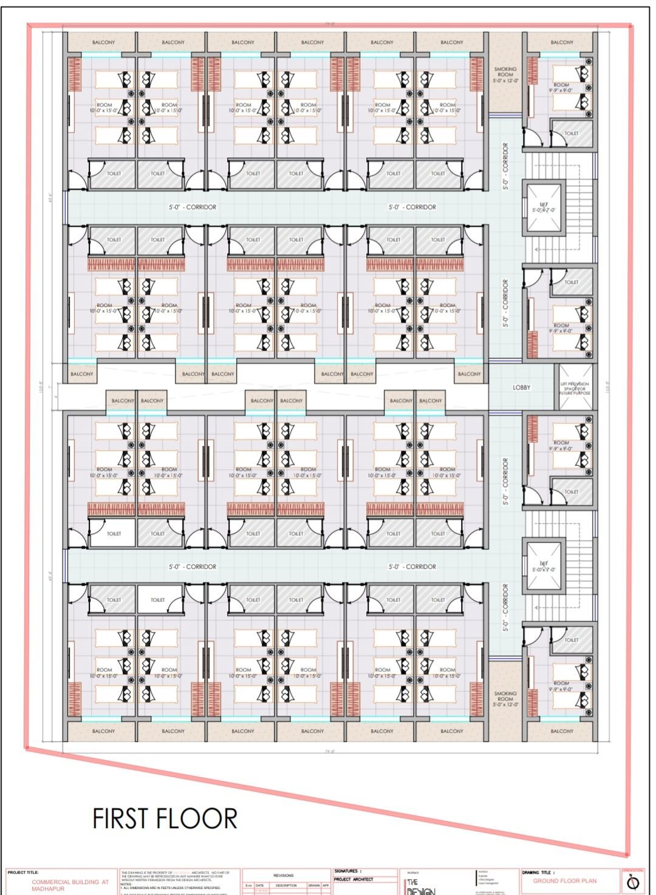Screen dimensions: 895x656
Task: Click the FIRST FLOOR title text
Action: coord(165,818)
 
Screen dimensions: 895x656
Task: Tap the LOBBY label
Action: coord(521,387)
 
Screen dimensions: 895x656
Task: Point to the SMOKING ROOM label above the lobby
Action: coord(505,75)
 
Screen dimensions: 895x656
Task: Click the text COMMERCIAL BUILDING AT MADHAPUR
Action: coord(70,884)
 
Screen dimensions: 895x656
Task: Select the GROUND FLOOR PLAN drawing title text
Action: coord(564,880)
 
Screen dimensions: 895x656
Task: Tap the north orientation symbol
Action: coord(636,881)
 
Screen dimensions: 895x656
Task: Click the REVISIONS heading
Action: coord(284,875)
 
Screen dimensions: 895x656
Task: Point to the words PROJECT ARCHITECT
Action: coord(354,879)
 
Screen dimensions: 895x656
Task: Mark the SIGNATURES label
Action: coord(347,871)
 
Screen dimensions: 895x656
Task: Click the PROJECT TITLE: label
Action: coord(23,873)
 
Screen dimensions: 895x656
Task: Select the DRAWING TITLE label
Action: coord(538,873)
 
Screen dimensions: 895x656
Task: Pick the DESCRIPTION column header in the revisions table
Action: coord(285,885)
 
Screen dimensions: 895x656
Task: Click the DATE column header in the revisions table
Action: coord(259,885)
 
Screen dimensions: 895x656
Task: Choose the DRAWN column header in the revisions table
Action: coord(313,885)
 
